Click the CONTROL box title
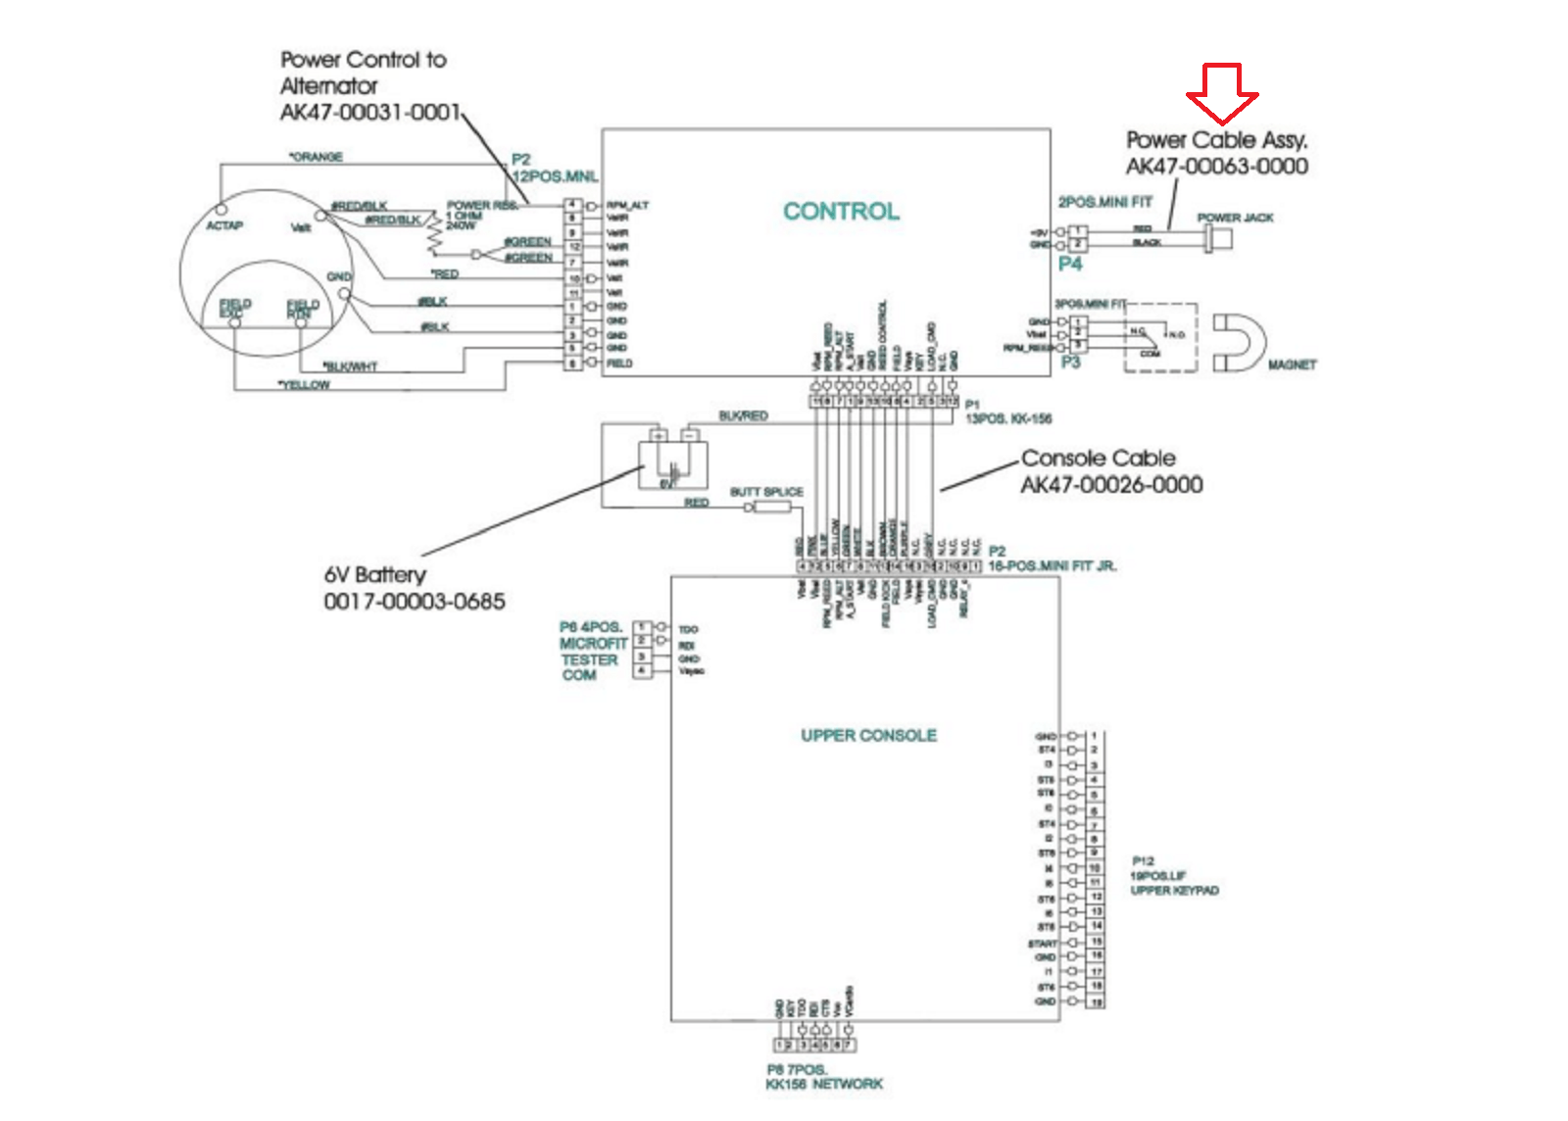click(841, 212)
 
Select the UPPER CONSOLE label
click(868, 735)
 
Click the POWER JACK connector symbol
click(1219, 237)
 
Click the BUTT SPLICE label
click(766, 492)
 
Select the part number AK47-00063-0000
click(1216, 167)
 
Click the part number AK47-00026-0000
click(1111, 485)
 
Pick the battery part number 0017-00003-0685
click(415, 602)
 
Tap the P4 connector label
click(1070, 264)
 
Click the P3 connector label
click(1070, 363)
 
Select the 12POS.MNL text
click(556, 176)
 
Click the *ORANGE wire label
click(316, 157)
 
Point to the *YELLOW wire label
click(304, 385)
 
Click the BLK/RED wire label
click(743, 416)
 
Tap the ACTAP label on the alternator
click(224, 225)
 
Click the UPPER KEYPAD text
click(1174, 891)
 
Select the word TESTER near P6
click(589, 660)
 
